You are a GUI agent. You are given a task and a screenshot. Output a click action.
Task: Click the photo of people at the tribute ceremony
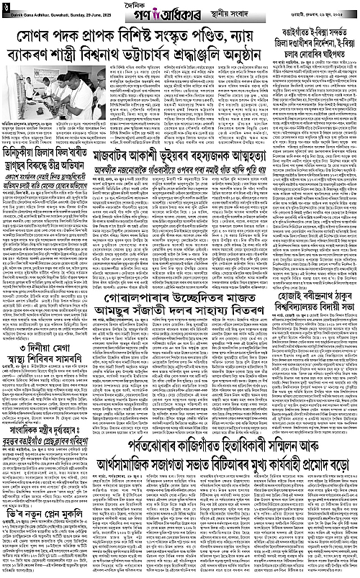click(47, 91)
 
